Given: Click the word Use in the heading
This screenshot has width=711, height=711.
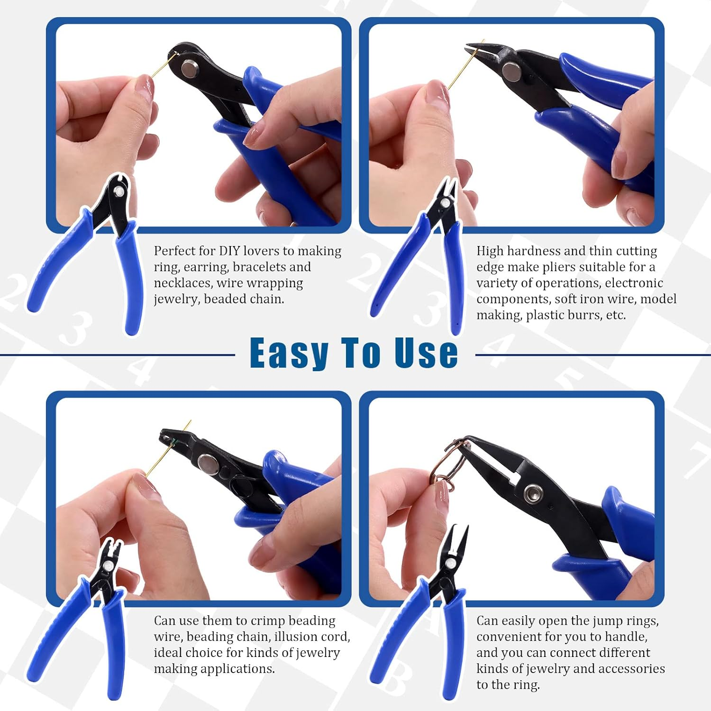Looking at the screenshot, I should click(426, 353).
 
